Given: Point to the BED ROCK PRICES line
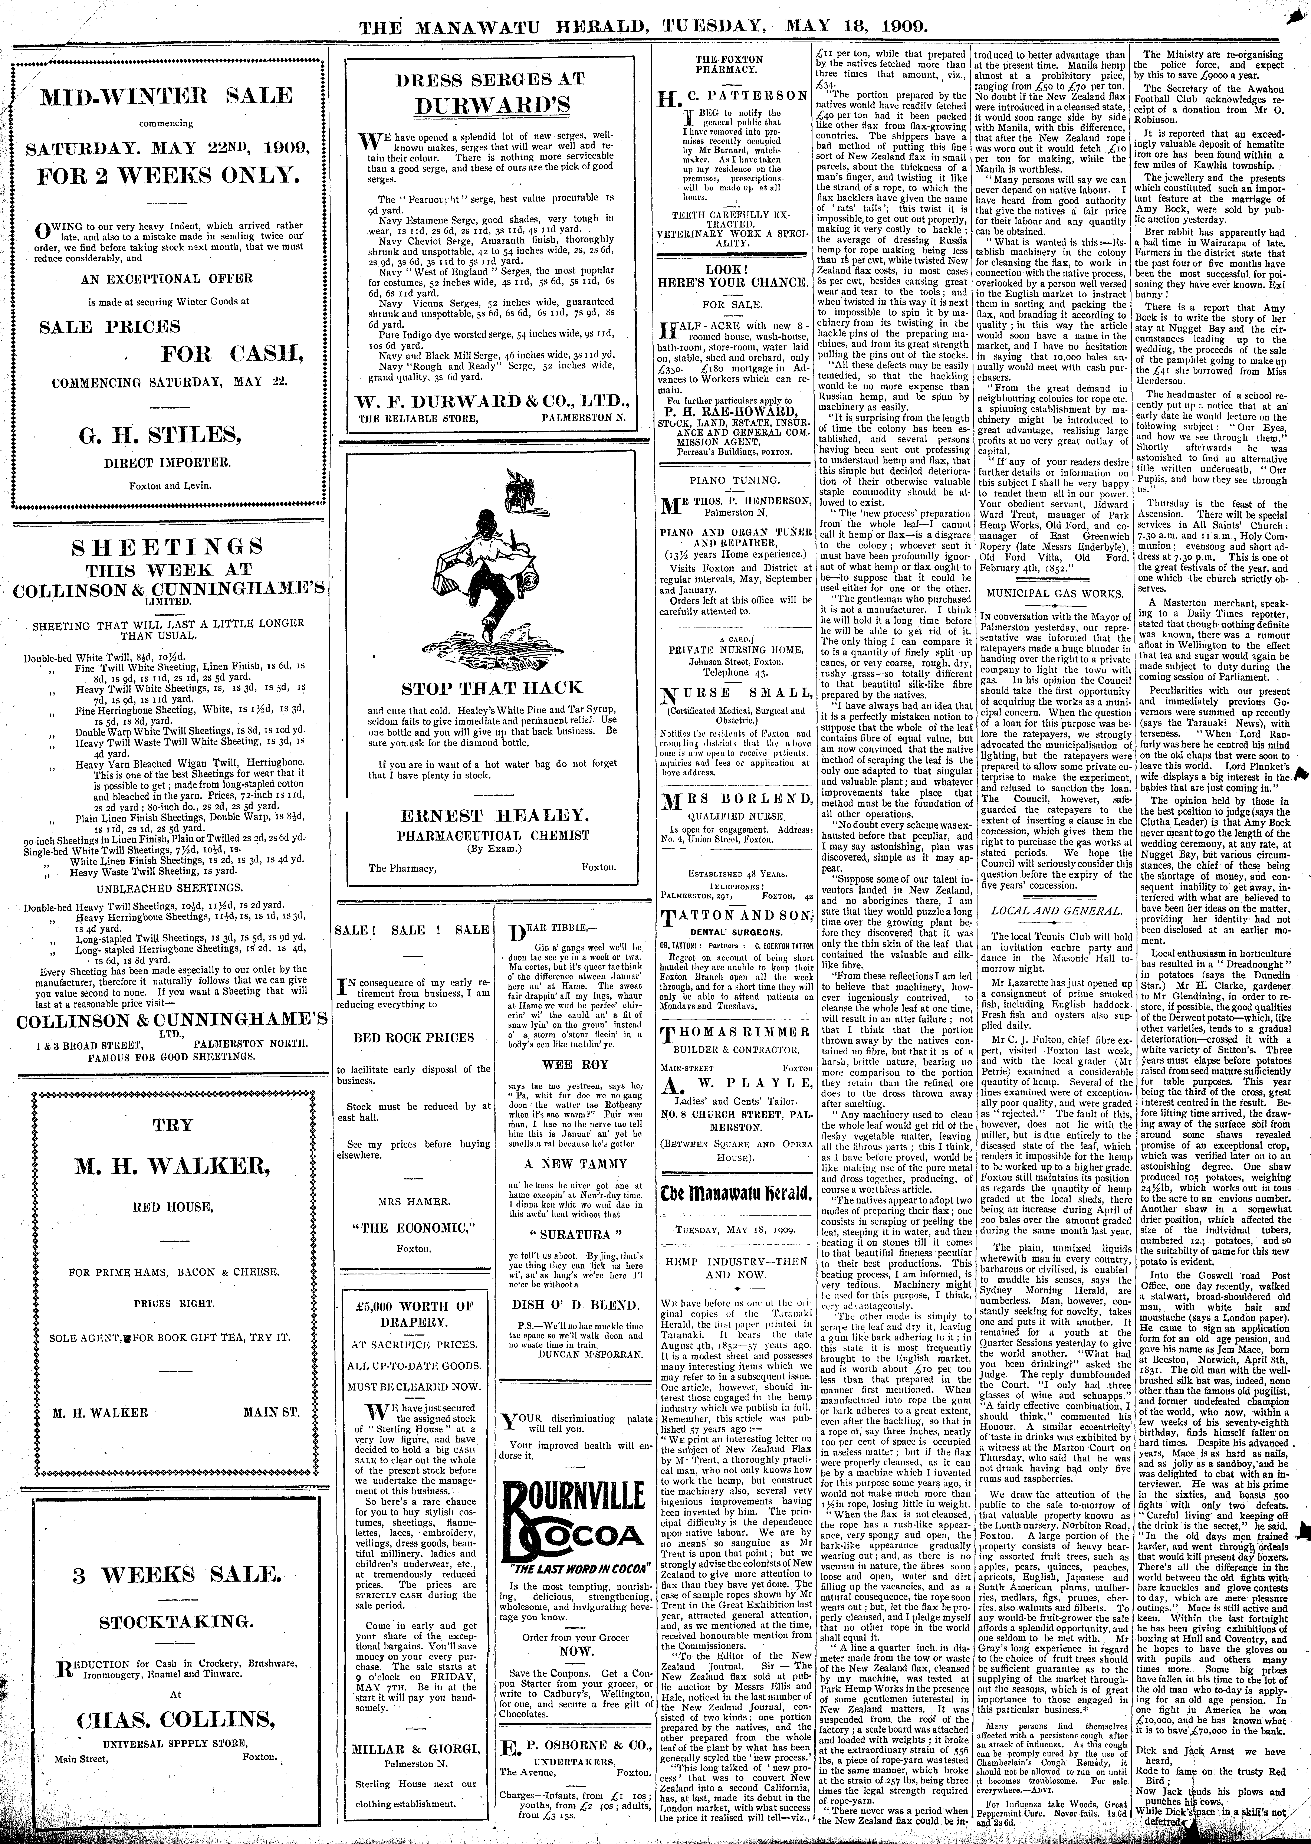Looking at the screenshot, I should (x=413, y=1038).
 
